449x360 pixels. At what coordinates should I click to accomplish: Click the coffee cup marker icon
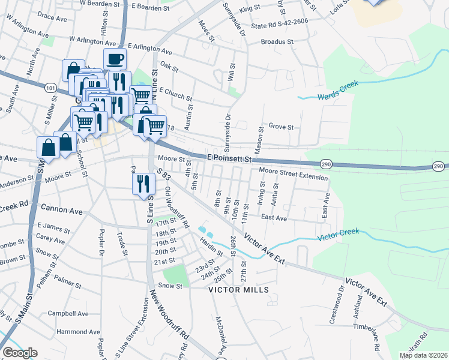pos(115,59)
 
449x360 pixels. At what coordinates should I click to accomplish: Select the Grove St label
pos(281,127)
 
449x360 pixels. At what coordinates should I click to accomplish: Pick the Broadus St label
pos(277,43)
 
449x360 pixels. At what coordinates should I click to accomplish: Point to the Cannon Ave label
pos(62,209)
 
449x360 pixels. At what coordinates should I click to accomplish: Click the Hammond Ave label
pos(78,331)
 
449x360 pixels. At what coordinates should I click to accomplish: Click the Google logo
pos(19,353)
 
